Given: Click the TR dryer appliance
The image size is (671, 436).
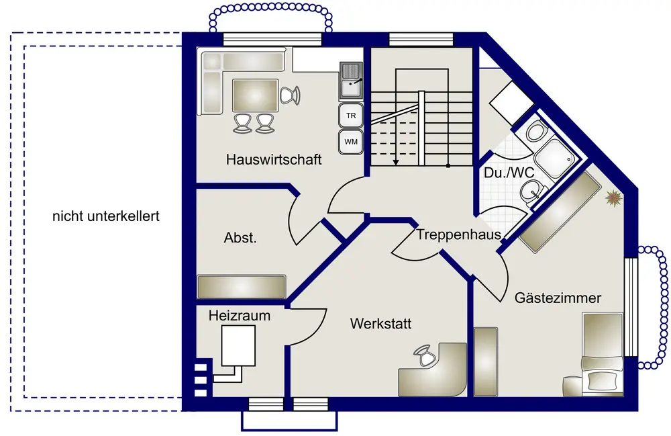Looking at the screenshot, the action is coord(350,116).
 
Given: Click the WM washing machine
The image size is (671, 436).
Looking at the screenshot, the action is coord(350,141).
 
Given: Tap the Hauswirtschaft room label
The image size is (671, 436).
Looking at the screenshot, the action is coord(274,160).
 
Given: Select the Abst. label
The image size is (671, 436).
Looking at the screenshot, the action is coord(240,238).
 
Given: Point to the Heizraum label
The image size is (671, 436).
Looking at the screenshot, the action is coord(239,315).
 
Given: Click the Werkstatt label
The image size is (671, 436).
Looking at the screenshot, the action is coord(380,324).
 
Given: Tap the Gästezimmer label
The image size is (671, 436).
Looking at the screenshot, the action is coord(558,298).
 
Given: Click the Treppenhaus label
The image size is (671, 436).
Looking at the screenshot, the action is coord(459,235).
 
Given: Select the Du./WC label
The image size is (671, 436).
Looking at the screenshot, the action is coord(509,173).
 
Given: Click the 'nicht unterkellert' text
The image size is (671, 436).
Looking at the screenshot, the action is coord(106,217).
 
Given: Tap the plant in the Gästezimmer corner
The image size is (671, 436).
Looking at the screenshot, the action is coord(612,198).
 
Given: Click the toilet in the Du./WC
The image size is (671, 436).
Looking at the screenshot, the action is coord(537,130).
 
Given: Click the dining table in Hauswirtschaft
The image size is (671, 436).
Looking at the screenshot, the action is coord(255,95).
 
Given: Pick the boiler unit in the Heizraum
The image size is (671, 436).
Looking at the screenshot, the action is coord(238,345).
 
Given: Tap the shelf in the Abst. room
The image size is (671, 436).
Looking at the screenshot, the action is coord(242,286).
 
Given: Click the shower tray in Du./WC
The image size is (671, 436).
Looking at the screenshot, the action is coord(558,155).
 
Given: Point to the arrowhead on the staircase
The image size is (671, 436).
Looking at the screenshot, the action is coord(397,161).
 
